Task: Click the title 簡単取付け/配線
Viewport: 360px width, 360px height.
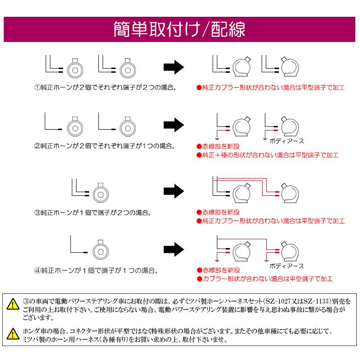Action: (180, 30)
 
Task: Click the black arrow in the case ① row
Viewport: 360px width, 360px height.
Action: (172, 67)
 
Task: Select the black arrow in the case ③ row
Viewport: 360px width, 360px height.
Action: (172, 190)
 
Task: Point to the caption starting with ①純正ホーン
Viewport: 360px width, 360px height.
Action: (105, 87)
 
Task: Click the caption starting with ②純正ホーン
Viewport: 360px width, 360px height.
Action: (105, 146)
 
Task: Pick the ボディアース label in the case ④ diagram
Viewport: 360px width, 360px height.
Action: (286, 266)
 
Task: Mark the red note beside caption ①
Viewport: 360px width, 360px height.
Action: (270, 87)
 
